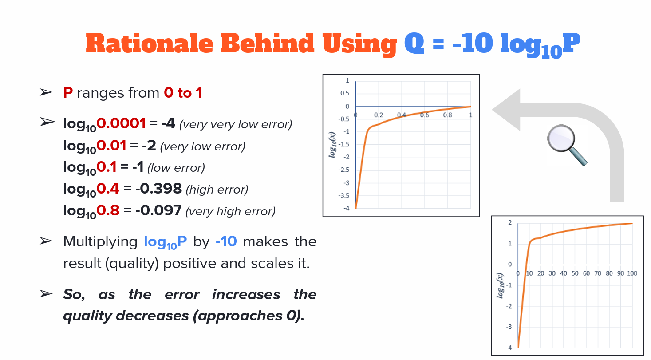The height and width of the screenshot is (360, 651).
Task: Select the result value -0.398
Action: coord(158,189)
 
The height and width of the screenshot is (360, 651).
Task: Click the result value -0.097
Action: coord(158,210)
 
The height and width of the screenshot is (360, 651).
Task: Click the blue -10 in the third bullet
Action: coord(226,242)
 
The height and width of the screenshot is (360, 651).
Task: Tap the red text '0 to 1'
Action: coord(183,93)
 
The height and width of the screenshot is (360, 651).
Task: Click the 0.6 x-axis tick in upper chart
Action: coord(425,115)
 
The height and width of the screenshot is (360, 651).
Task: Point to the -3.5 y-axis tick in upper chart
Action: coord(344,195)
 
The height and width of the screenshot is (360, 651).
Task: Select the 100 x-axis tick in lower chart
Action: coord(632,273)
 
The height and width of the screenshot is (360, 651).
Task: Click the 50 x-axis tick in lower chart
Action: coord(575,273)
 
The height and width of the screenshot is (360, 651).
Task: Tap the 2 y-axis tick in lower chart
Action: coord(509,223)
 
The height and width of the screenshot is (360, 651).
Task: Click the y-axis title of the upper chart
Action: coord(333,144)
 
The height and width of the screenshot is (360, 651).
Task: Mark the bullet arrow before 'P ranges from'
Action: coord(46,93)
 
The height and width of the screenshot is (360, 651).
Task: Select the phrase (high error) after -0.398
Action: coord(217,190)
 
